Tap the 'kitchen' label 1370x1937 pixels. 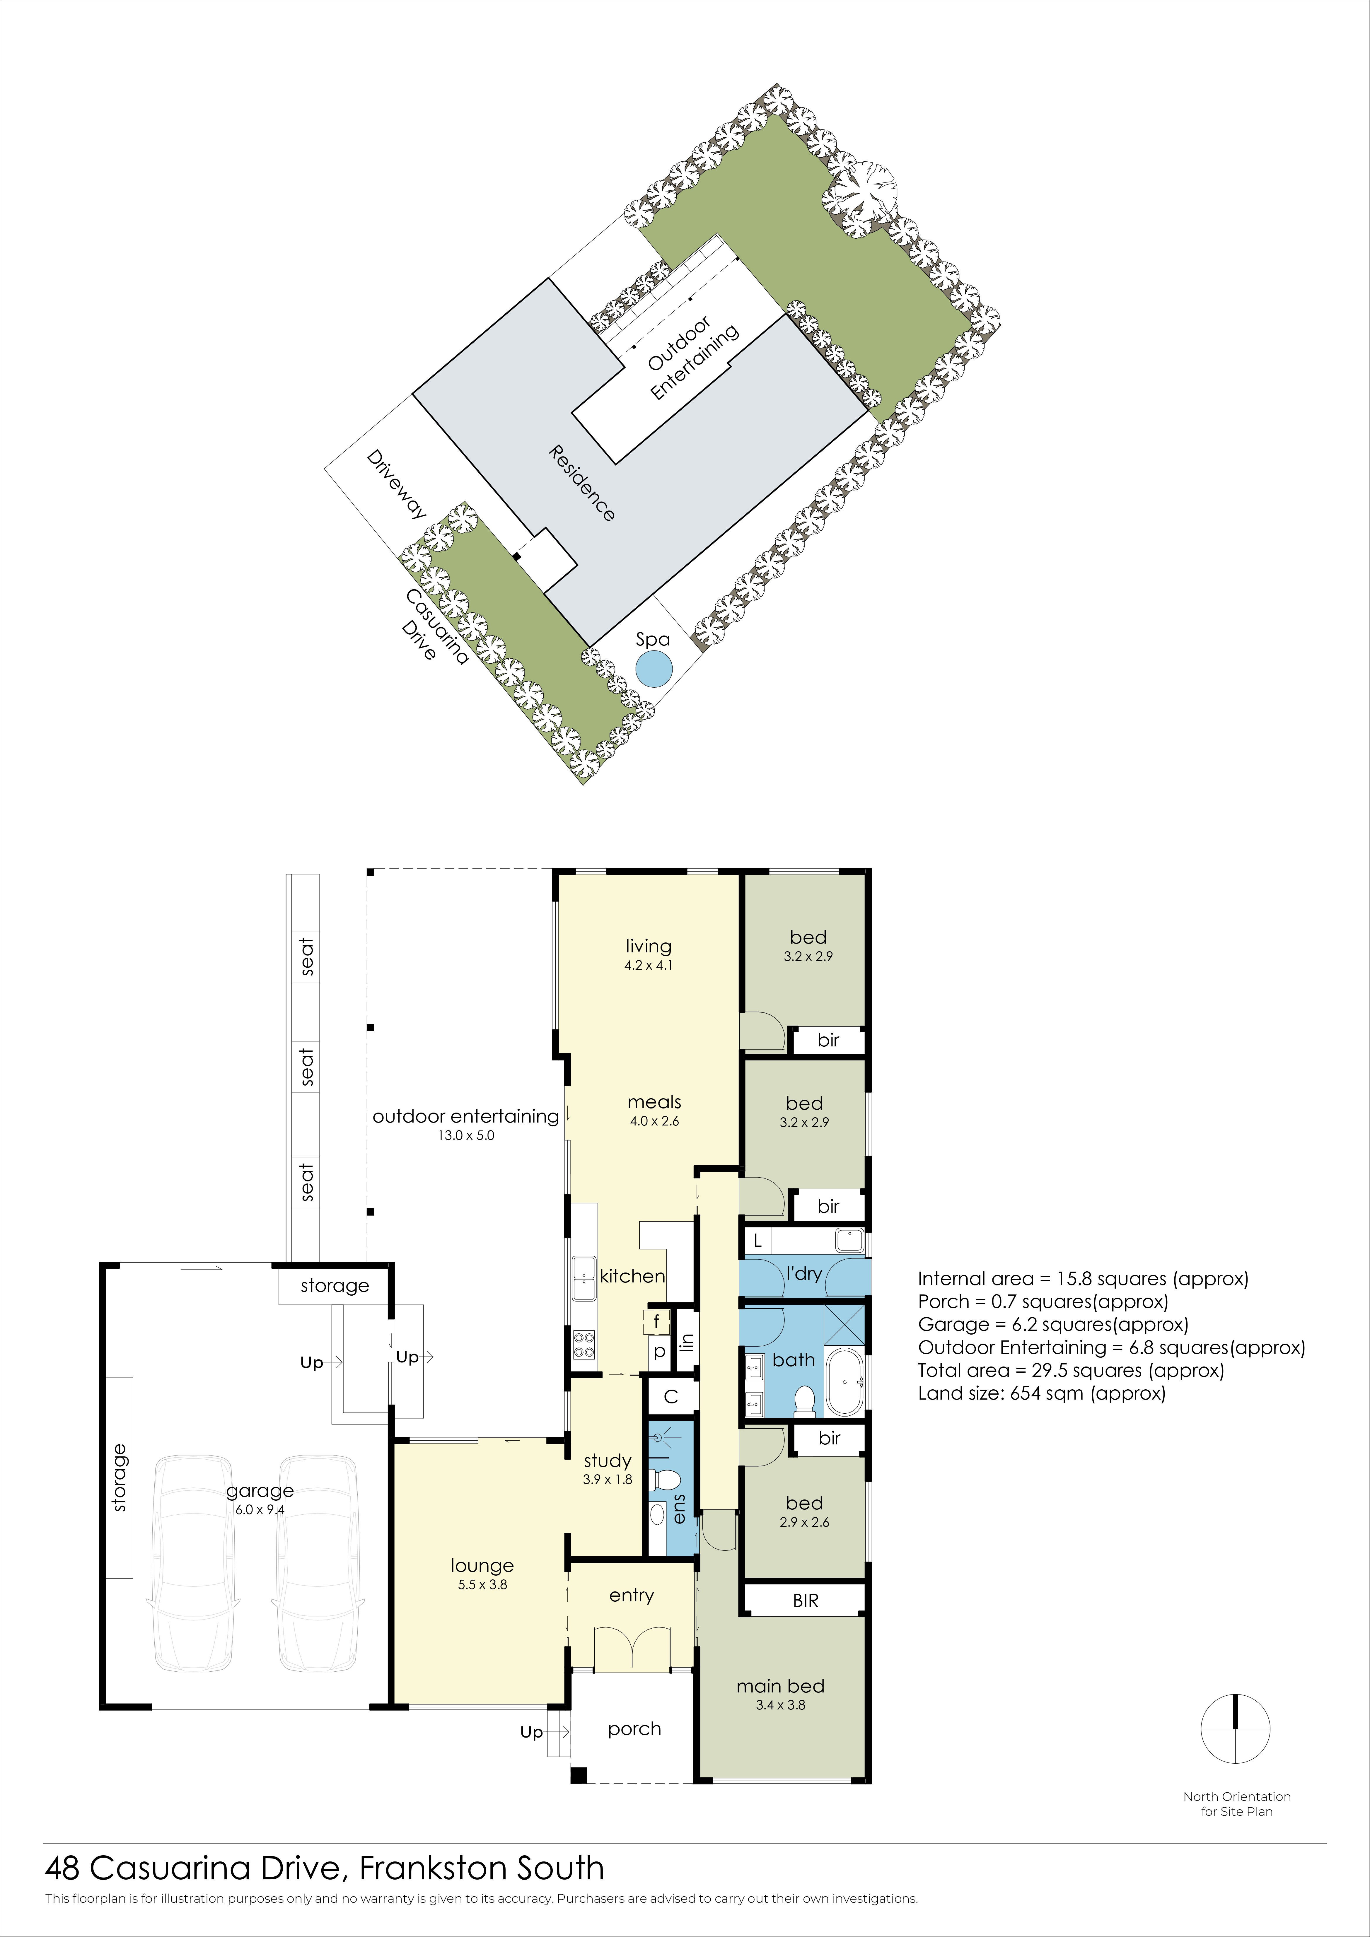[633, 1276]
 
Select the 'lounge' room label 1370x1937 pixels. [482, 1566]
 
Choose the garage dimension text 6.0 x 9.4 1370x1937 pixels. [260, 1510]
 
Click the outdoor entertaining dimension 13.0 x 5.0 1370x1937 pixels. [466, 1135]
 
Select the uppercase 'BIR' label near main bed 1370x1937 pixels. [806, 1600]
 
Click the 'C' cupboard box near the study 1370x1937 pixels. [671, 1397]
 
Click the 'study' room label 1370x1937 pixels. [608, 1460]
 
